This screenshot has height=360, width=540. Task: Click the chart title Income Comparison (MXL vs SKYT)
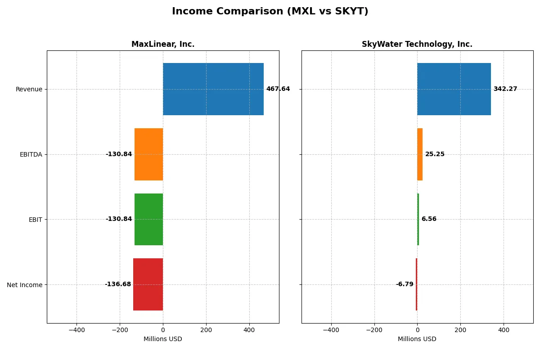[270, 12]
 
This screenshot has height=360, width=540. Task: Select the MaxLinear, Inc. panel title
[163, 44]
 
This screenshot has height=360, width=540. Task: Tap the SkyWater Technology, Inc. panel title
[417, 44]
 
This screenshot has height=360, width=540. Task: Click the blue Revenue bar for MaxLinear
[213, 89]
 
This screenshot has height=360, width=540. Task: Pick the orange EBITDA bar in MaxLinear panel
[149, 154]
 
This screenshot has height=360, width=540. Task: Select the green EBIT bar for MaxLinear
[149, 219]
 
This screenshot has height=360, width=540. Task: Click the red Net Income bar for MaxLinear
[148, 284]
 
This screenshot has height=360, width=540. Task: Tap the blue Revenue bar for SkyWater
[454, 89]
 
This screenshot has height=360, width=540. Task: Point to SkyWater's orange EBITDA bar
[420, 154]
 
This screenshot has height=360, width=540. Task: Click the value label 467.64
[278, 89]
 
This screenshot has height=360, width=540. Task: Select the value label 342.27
[505, 89]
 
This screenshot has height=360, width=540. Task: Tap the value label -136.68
[118, 284]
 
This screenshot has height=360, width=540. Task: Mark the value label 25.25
[435, 154]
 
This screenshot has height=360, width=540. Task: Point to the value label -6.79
[405, 284]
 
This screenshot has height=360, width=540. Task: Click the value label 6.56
[429, 219]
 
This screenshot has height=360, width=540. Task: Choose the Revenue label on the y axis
[29, 89]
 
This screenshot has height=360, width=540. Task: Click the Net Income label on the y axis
[25, 285]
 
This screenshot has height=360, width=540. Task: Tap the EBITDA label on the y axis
[31, 154]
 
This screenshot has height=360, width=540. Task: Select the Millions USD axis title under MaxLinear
[163, 339]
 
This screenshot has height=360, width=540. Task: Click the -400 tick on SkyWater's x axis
[331, 330]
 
